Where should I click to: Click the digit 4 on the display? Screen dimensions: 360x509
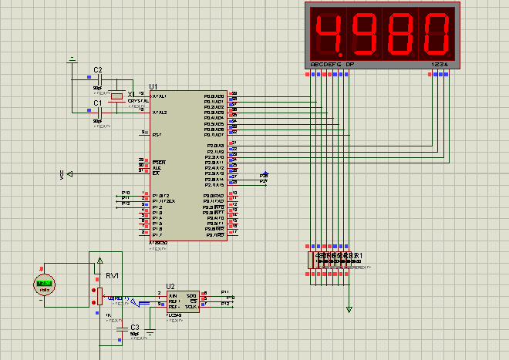tap(330, 32)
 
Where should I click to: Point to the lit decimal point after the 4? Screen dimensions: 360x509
tap(347, 51)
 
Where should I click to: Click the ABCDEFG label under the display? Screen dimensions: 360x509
tap(325, 64)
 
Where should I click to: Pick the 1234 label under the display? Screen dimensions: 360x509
tap(440, 64)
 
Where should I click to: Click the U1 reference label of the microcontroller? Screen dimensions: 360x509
tap(153, 86)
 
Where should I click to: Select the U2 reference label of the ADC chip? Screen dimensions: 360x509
tap(170, 285)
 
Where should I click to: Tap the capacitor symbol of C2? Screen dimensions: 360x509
tap(98, 79)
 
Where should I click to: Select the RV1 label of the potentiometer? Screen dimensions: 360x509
tap(112, 274)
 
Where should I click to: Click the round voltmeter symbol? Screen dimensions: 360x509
tap(45, 284)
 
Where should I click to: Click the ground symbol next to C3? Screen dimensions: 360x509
tap(150, 333)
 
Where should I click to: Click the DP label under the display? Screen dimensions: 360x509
tap(349, 64)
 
